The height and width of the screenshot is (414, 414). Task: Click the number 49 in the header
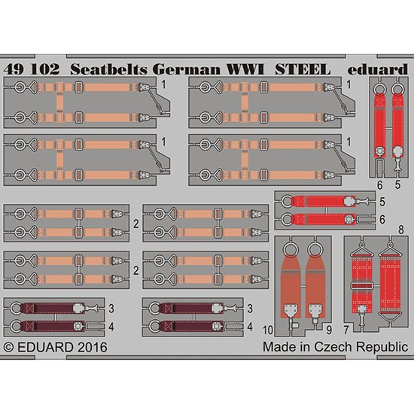(x=14, y=69)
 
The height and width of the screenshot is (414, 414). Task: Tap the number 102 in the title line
(x=45, y=69)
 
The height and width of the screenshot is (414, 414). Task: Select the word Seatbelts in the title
(x=109, y=69)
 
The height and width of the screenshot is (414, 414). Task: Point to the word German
(x=187, y=70)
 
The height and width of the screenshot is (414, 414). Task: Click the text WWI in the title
(x=245, y=70)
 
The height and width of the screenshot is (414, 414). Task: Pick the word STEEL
(x=303, y=70)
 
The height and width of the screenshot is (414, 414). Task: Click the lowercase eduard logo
(x=378, y=69)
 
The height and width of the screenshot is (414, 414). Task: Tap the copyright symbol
(x=9, y=348)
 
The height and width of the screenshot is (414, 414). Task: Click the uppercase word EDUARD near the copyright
(x=45, y=347)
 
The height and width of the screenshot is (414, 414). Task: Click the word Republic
(x=382, y=348)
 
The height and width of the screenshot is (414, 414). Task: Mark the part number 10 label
(x=268, y=330)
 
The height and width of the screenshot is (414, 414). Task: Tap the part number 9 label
(x=329, y=330)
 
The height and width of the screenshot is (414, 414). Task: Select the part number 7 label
(x=346, y=330)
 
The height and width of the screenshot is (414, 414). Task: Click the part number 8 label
(x=400, y=230)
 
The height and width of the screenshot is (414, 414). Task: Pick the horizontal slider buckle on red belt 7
(x=362, y=286)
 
